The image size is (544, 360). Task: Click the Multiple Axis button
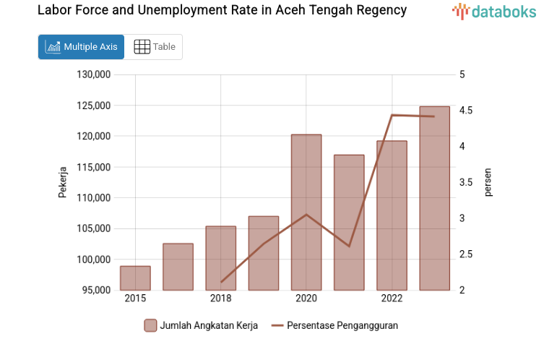coord(81,47)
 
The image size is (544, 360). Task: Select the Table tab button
coord(155,47)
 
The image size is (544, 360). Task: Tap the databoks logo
coord(494,11)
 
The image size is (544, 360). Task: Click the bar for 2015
coord(135,278)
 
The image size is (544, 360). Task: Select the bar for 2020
coord(306,213)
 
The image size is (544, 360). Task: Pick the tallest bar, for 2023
coord(434,199)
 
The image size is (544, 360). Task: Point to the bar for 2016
coord(178,267)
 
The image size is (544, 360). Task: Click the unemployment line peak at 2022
coord(392,115)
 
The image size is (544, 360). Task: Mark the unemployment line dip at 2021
coord(349,247)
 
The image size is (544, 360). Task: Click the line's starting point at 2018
coord(221,282)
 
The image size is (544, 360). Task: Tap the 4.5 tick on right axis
coord(466,111)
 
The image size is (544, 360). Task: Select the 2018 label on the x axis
coord(221,299)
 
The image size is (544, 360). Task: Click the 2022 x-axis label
coord(392,299)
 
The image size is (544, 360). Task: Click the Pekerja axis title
coord(63,182)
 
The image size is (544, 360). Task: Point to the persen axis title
coord(488,182)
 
